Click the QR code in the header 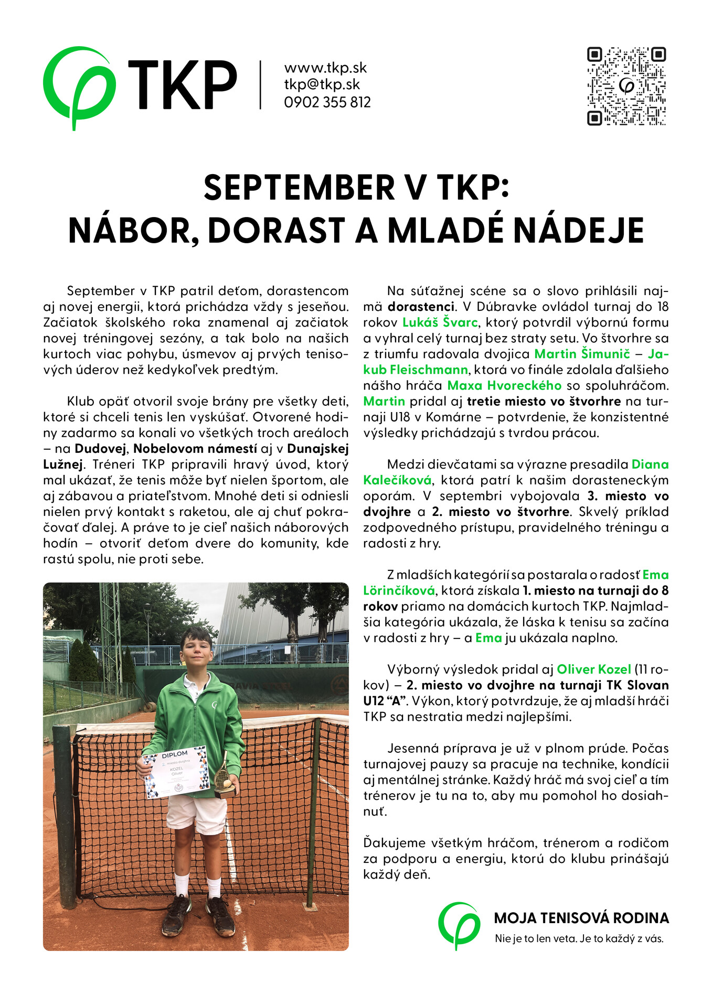[626, 86]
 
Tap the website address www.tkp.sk [325, 68]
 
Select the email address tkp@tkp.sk [322, 85]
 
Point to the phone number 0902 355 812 [327, 102]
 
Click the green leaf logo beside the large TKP [78, 86]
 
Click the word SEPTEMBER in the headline [299, 188]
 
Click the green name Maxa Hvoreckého [504, 386]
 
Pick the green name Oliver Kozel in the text [593, 669]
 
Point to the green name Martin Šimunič [582, 354]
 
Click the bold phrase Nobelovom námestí [195, 449]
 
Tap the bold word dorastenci [421, 307]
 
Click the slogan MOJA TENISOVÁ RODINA [581, 918]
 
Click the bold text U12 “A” [386, 701]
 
